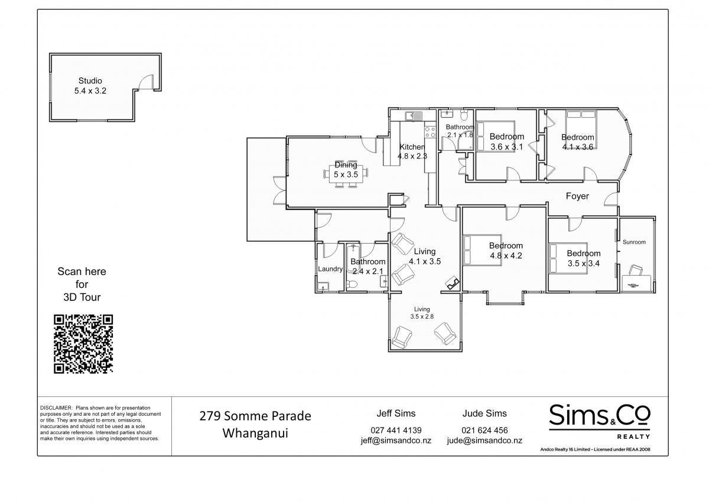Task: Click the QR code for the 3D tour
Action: [83, 344]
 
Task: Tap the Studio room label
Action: [90, 81]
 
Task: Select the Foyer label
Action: [577, 196]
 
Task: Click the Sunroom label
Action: [634, 242]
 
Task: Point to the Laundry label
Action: [330, 269]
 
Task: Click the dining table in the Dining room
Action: [346, 174]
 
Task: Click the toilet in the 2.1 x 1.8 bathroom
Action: [464, 116]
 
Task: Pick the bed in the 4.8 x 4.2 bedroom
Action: [482, 250]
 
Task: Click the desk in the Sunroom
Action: [637, 283]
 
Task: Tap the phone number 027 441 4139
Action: [396, 430]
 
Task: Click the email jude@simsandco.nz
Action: [484, 441]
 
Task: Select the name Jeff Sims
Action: [396, 413]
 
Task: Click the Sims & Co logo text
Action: [600, 415]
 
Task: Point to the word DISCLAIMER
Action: [56, 408]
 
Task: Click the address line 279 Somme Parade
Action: [255, 416]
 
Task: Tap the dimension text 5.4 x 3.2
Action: [90, 91]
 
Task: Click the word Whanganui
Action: [255, 433]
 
